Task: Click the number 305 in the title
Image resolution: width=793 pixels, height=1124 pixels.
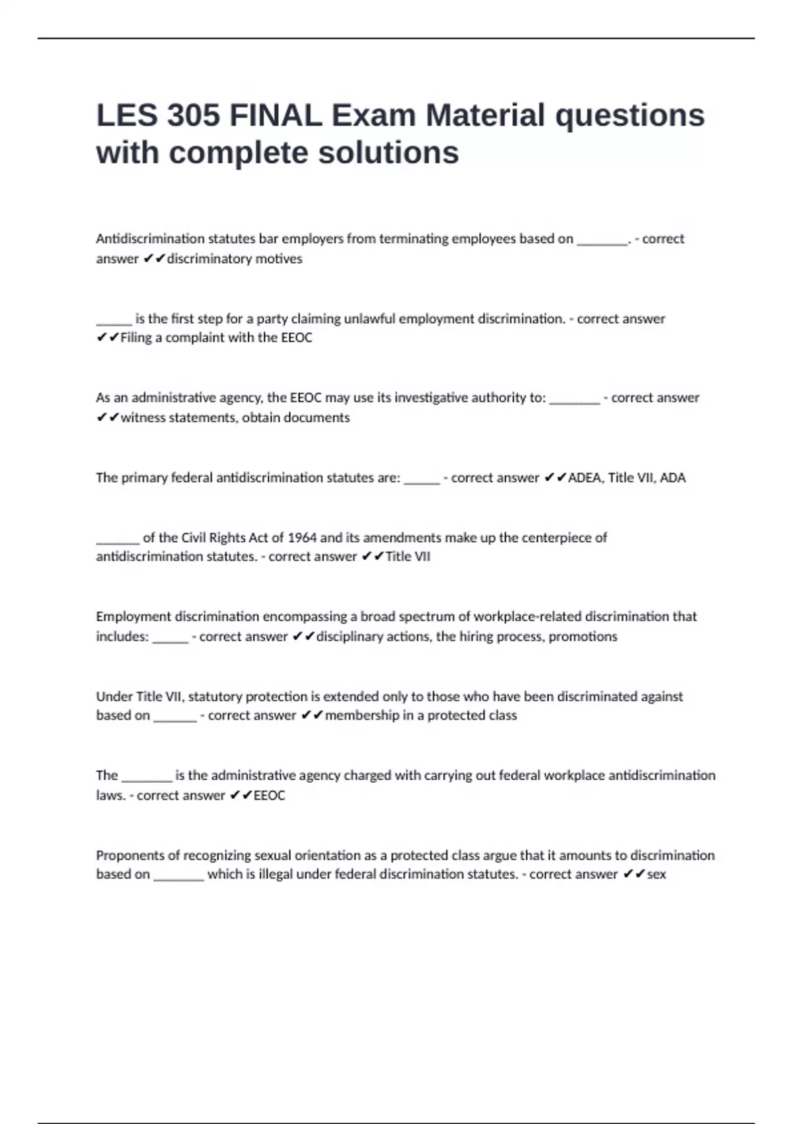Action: click(x=193, y=116)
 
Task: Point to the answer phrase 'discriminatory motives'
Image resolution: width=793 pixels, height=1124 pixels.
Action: click(x=235, y=259)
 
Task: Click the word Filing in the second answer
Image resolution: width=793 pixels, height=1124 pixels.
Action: click(x=136, y=338)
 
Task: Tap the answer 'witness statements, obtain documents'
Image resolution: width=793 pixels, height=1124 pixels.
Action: click(x=235, y=417)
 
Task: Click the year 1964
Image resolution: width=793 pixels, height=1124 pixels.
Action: click(x=302, y=538)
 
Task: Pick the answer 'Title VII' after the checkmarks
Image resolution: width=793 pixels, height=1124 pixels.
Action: click(x=408, y=557)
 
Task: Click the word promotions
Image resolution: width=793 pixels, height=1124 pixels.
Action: click(x=583, y=636)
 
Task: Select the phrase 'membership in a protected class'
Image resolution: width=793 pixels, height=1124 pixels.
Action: click(x=421, y=715)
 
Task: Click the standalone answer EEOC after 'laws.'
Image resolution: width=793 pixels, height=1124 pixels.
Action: click(x=270, y=795)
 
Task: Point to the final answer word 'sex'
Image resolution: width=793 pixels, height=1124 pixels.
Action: click(x=656, y=874)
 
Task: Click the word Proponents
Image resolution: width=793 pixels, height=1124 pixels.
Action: click(x=129, y=855)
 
